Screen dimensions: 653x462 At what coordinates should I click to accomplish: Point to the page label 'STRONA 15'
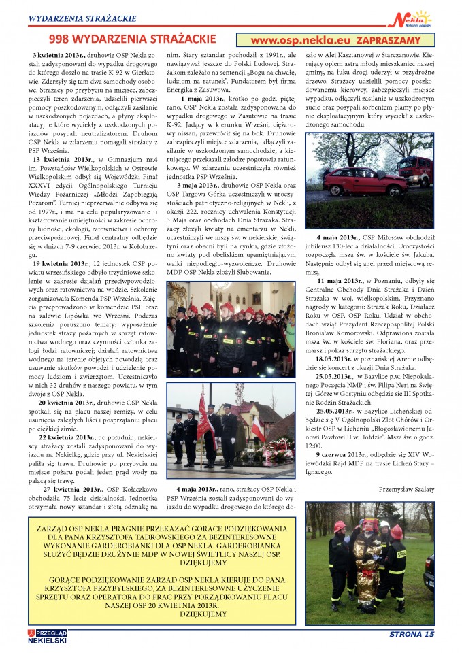tap(411, 634)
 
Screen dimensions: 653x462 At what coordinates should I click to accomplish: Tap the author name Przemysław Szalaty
tap(406, 488)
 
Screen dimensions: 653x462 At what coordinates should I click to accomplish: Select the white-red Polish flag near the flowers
tap(258, 430)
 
